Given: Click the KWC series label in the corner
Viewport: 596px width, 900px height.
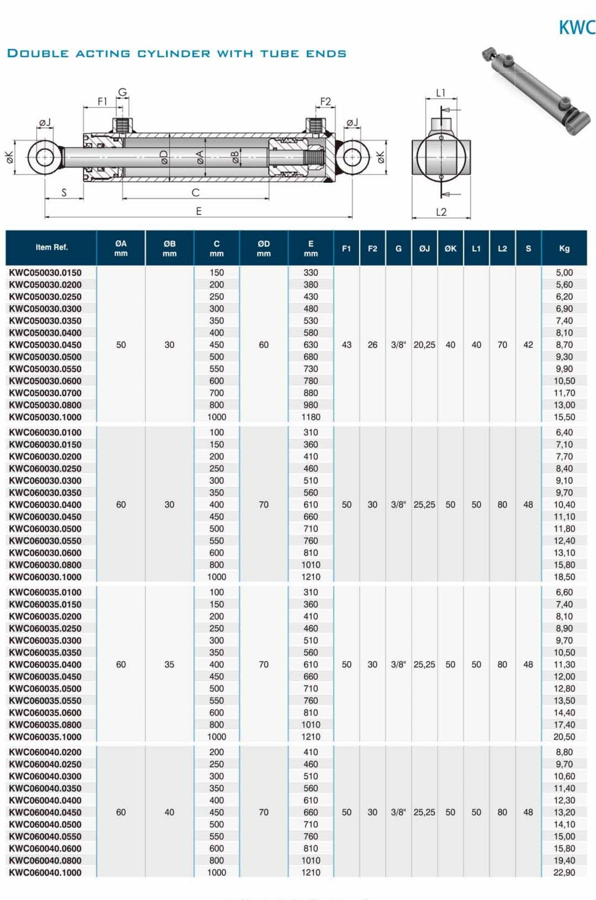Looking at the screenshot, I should click(x=577, y=28).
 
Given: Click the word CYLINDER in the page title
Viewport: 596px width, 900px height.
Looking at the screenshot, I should click(x=174, y=54).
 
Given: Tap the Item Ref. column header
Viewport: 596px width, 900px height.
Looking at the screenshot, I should click(x=52, y=247).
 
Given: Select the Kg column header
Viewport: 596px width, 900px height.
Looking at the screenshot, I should click(x=564, y=248).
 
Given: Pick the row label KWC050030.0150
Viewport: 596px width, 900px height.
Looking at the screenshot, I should click(x=45, y=273).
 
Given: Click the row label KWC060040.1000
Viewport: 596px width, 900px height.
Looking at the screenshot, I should click(x=45, y=872).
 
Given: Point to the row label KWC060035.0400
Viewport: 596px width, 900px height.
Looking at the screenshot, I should click(x=45, y=664).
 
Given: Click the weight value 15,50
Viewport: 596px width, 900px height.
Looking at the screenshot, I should click(x=564, y=417).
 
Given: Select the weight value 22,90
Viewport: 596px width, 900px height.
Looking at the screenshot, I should click(x=564, y=872).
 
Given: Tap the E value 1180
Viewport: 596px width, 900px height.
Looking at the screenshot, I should click(x=311, y=417).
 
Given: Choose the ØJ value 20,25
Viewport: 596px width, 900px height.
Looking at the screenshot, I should click(x=424, y=345).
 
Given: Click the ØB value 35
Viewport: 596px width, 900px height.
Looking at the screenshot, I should click(x=169, y=664).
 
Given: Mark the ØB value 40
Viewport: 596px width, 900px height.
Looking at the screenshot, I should click(x=169, y=812).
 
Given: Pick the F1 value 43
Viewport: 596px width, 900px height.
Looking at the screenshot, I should click(x=346, y=345).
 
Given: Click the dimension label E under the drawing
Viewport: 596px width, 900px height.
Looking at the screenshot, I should click(x=199, y=211).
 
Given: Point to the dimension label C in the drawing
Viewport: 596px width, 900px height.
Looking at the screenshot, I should click(x=196, y=193).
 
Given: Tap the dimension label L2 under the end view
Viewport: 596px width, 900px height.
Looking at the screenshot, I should click(x=441, y=212).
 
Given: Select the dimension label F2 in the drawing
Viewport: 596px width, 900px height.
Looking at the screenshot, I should click(x=326, y=101).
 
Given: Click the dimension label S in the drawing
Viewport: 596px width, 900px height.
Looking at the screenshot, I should click(x=64, y=193).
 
